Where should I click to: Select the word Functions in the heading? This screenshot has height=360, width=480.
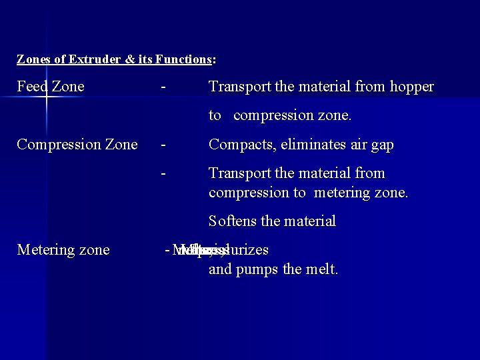pyautogui.click(x=183, y=59)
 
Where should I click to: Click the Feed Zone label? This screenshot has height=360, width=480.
pyautogui.click(x=51, y=87)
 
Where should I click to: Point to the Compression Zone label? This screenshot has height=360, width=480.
pyautogui.click(x=77, y=145)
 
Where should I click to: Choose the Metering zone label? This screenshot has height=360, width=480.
pyautogui.click(x=63, y=250)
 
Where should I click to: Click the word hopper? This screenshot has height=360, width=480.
pyautogui.click(x=411, y=87)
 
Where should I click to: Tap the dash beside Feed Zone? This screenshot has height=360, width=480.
pyautogui.click(x=163, y=87)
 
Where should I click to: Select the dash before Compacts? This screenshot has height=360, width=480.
pyautogui.click(x=163, y=145)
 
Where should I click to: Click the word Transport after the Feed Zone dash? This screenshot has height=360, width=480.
pyautogui.click(x=237, y=87)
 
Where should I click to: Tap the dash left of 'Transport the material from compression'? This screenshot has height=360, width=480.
pyautogui.click(x=163, y=173)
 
